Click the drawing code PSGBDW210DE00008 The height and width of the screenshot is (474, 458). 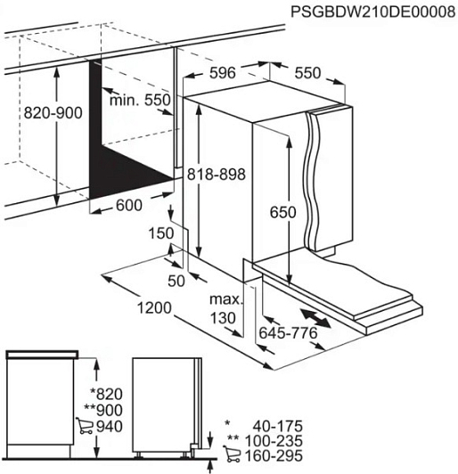tap(372, 12)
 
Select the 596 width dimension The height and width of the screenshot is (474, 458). tap(223, 73)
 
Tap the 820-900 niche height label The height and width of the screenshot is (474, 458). tap(53, 113)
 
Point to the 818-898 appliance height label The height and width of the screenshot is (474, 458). tap(217, 175)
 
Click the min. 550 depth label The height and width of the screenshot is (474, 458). tap(140, 100)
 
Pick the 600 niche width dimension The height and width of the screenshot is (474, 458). tap(129, 206)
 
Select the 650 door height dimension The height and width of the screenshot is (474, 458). tap(283, 212)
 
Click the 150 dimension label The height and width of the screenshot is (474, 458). tap(161, 233)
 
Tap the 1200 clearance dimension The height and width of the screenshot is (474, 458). tap(154, 308)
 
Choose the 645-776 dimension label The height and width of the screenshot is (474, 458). tap(289, 333)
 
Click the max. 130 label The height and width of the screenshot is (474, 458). tap(226, 308)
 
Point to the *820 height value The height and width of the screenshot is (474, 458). tap(107, 394)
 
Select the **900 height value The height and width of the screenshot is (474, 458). tap(103, 410)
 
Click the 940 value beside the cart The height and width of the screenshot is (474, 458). tap(110, 427)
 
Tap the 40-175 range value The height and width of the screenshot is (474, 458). tap(277, 426)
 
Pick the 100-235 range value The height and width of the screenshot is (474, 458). tap(274, 441)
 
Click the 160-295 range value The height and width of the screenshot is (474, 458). tap(274, 456)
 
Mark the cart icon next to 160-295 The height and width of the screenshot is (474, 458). tap(232, 454)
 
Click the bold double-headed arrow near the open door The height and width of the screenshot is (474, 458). tap(316, 318)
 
